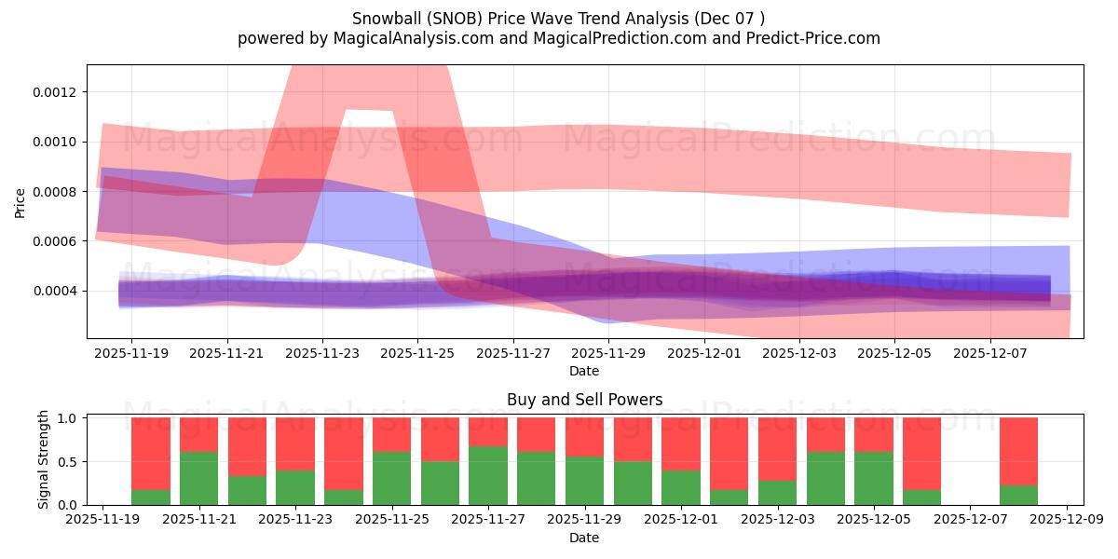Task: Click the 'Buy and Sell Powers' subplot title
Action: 584,400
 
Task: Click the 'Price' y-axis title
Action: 20,201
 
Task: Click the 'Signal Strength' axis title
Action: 44,459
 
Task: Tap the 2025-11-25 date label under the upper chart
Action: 417,354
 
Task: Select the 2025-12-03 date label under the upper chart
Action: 799,354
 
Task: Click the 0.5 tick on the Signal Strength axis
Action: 68,462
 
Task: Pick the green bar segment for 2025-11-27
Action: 488,475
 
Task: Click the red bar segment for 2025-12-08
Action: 1018,451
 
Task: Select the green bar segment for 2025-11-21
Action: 199,478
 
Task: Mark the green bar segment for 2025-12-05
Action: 874,478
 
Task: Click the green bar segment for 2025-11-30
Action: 633,483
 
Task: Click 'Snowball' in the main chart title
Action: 383,19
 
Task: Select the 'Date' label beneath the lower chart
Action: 584,538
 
